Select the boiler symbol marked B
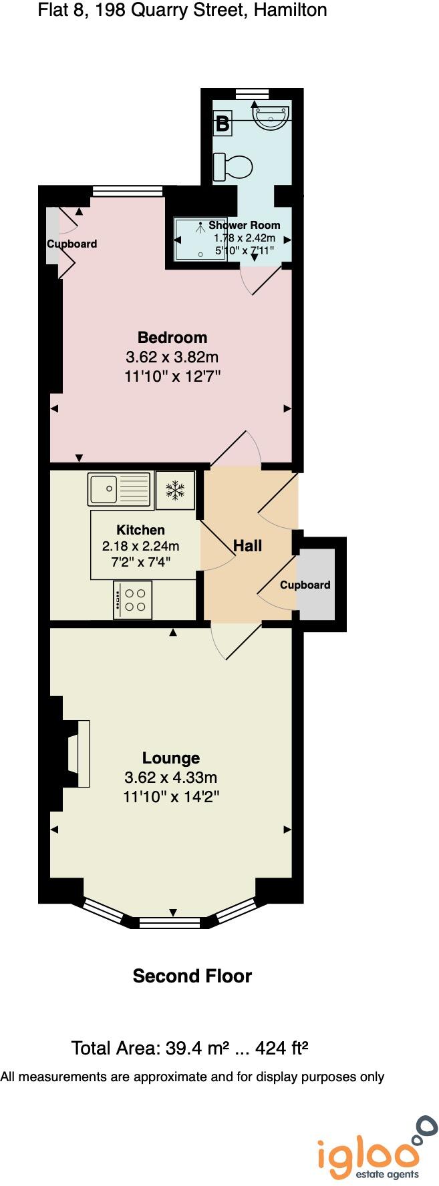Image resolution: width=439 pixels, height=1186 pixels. pyautogui.click(x=223, y=123)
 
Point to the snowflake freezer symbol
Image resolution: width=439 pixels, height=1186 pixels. pyautogui.click(x=175, y=491)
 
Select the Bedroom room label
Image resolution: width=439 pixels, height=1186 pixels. pyautogui.click(x=172, y=337)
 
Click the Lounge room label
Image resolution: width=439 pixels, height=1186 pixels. pyautogui.click(x=171, y=758)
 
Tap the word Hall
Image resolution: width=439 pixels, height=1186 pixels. pyautogui.click(x=247, y=546)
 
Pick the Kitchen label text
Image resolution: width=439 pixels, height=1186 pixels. pyautogui.click(x=140, y=530)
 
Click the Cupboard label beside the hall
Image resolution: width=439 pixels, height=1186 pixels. pyautogui.click(x=305, y=585)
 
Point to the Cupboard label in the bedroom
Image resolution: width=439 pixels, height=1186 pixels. pyautogui.click(x=71, y=244)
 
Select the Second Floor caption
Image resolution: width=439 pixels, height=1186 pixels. pyautogui.click(x=192, y=976)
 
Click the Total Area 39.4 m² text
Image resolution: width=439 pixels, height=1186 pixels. pyautogui.click(x=190, y=1048)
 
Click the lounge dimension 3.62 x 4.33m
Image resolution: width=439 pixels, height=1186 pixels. pyautogui.click(x=171, y=778)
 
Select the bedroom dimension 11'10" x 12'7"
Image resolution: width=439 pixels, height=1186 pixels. pyautogui.click(x=172, y=376)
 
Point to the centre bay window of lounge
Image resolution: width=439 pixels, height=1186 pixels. pyautogui.click(x=169, y=923)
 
